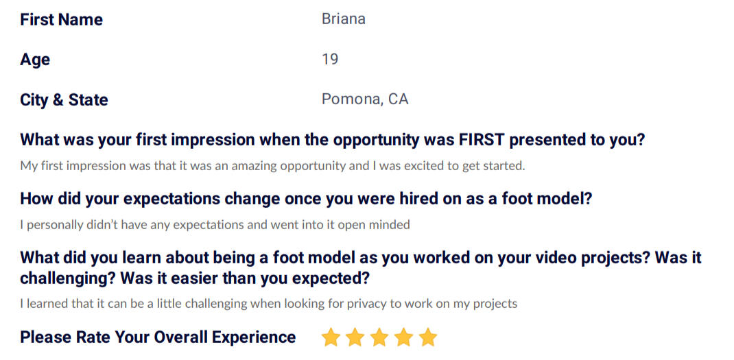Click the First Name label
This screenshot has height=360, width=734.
(61, 20)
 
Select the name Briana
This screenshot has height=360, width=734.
(344, 19)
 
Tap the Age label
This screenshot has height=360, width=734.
(35, 60)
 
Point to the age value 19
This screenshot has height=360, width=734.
(330, 60)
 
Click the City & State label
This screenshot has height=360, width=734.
(64, 99)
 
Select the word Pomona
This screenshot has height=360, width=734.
(351, 99)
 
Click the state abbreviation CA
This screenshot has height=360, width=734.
(398, 99)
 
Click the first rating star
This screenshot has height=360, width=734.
(331, 337)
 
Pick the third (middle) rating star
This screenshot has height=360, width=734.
(379, 337)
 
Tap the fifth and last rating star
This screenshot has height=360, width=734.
(428, 337)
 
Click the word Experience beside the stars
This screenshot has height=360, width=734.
(254, 337)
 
